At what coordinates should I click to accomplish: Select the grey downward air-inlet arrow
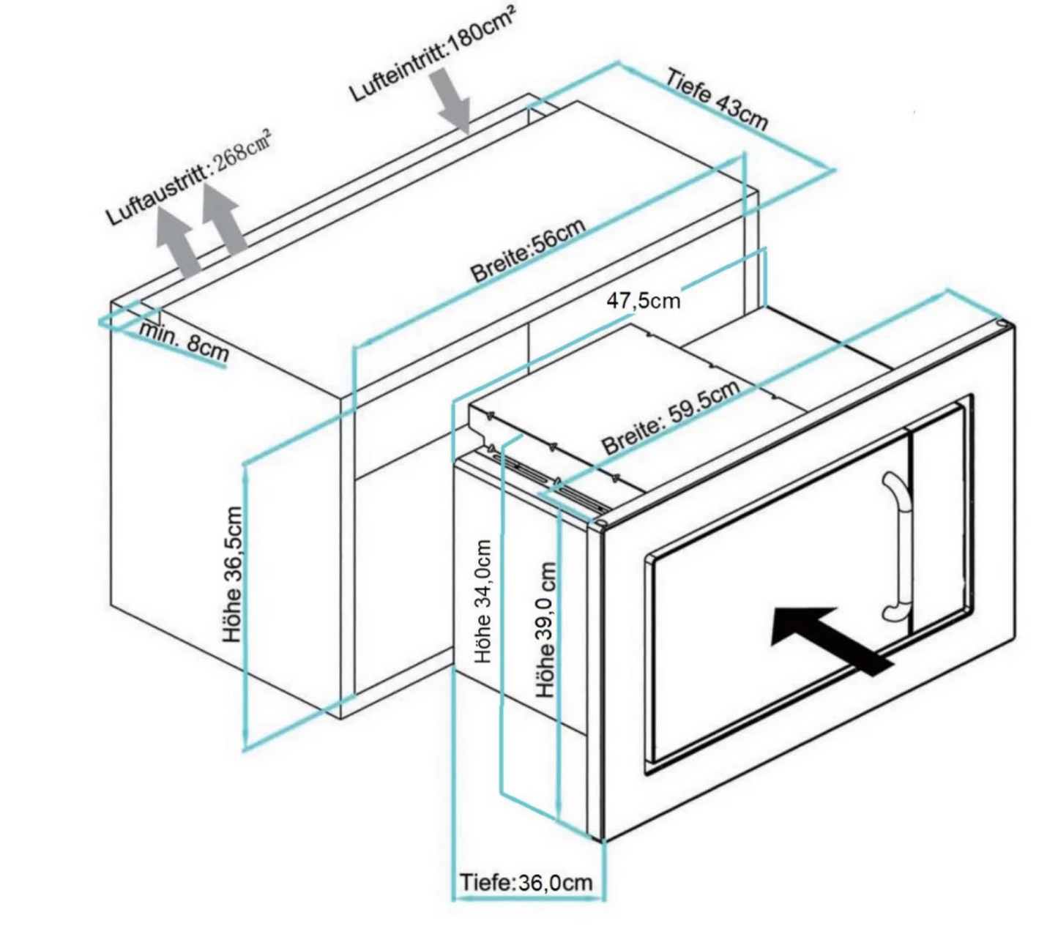[x=452, y=102]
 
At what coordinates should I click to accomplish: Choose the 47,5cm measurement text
[x=643, y=300]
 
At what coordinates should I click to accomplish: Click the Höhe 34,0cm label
[x=483, y=602]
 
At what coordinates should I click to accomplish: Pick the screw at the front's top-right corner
[x=1000, y=325]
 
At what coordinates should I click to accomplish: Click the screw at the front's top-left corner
[x=600, y=524]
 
